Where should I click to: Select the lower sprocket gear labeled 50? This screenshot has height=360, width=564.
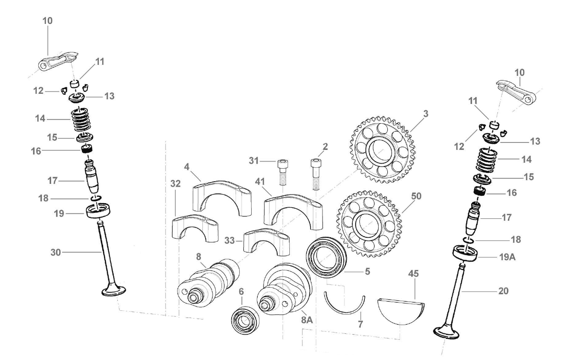371,227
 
